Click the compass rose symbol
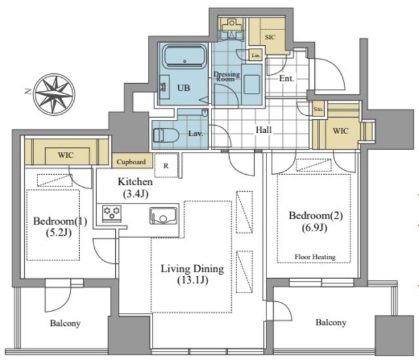(x=54, y=94)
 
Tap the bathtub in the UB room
(x=185, y=56)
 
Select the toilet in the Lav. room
(x=166, y=135)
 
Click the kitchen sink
(x=163, y=215)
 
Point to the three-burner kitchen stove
(x=112, y=213)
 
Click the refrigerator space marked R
(x=166, y=166)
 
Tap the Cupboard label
(x=131, y=162)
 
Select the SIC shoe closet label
(x=270, y=37)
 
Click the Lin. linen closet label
(x=256, y=56)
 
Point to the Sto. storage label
(x=318, y=109)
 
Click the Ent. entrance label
(x=287, y=79)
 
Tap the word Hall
(x=263, y=130)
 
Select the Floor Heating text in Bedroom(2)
(x=315, y=257)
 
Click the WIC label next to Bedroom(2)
(x=340, y=131)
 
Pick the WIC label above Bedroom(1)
(x=65, y=155)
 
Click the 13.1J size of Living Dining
(x=192, y=280)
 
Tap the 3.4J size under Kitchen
(x=136, y=194)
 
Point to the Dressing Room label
(x=227, y=77)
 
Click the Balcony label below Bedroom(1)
(x=65, y=323)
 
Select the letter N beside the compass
(x=27, y=92)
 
